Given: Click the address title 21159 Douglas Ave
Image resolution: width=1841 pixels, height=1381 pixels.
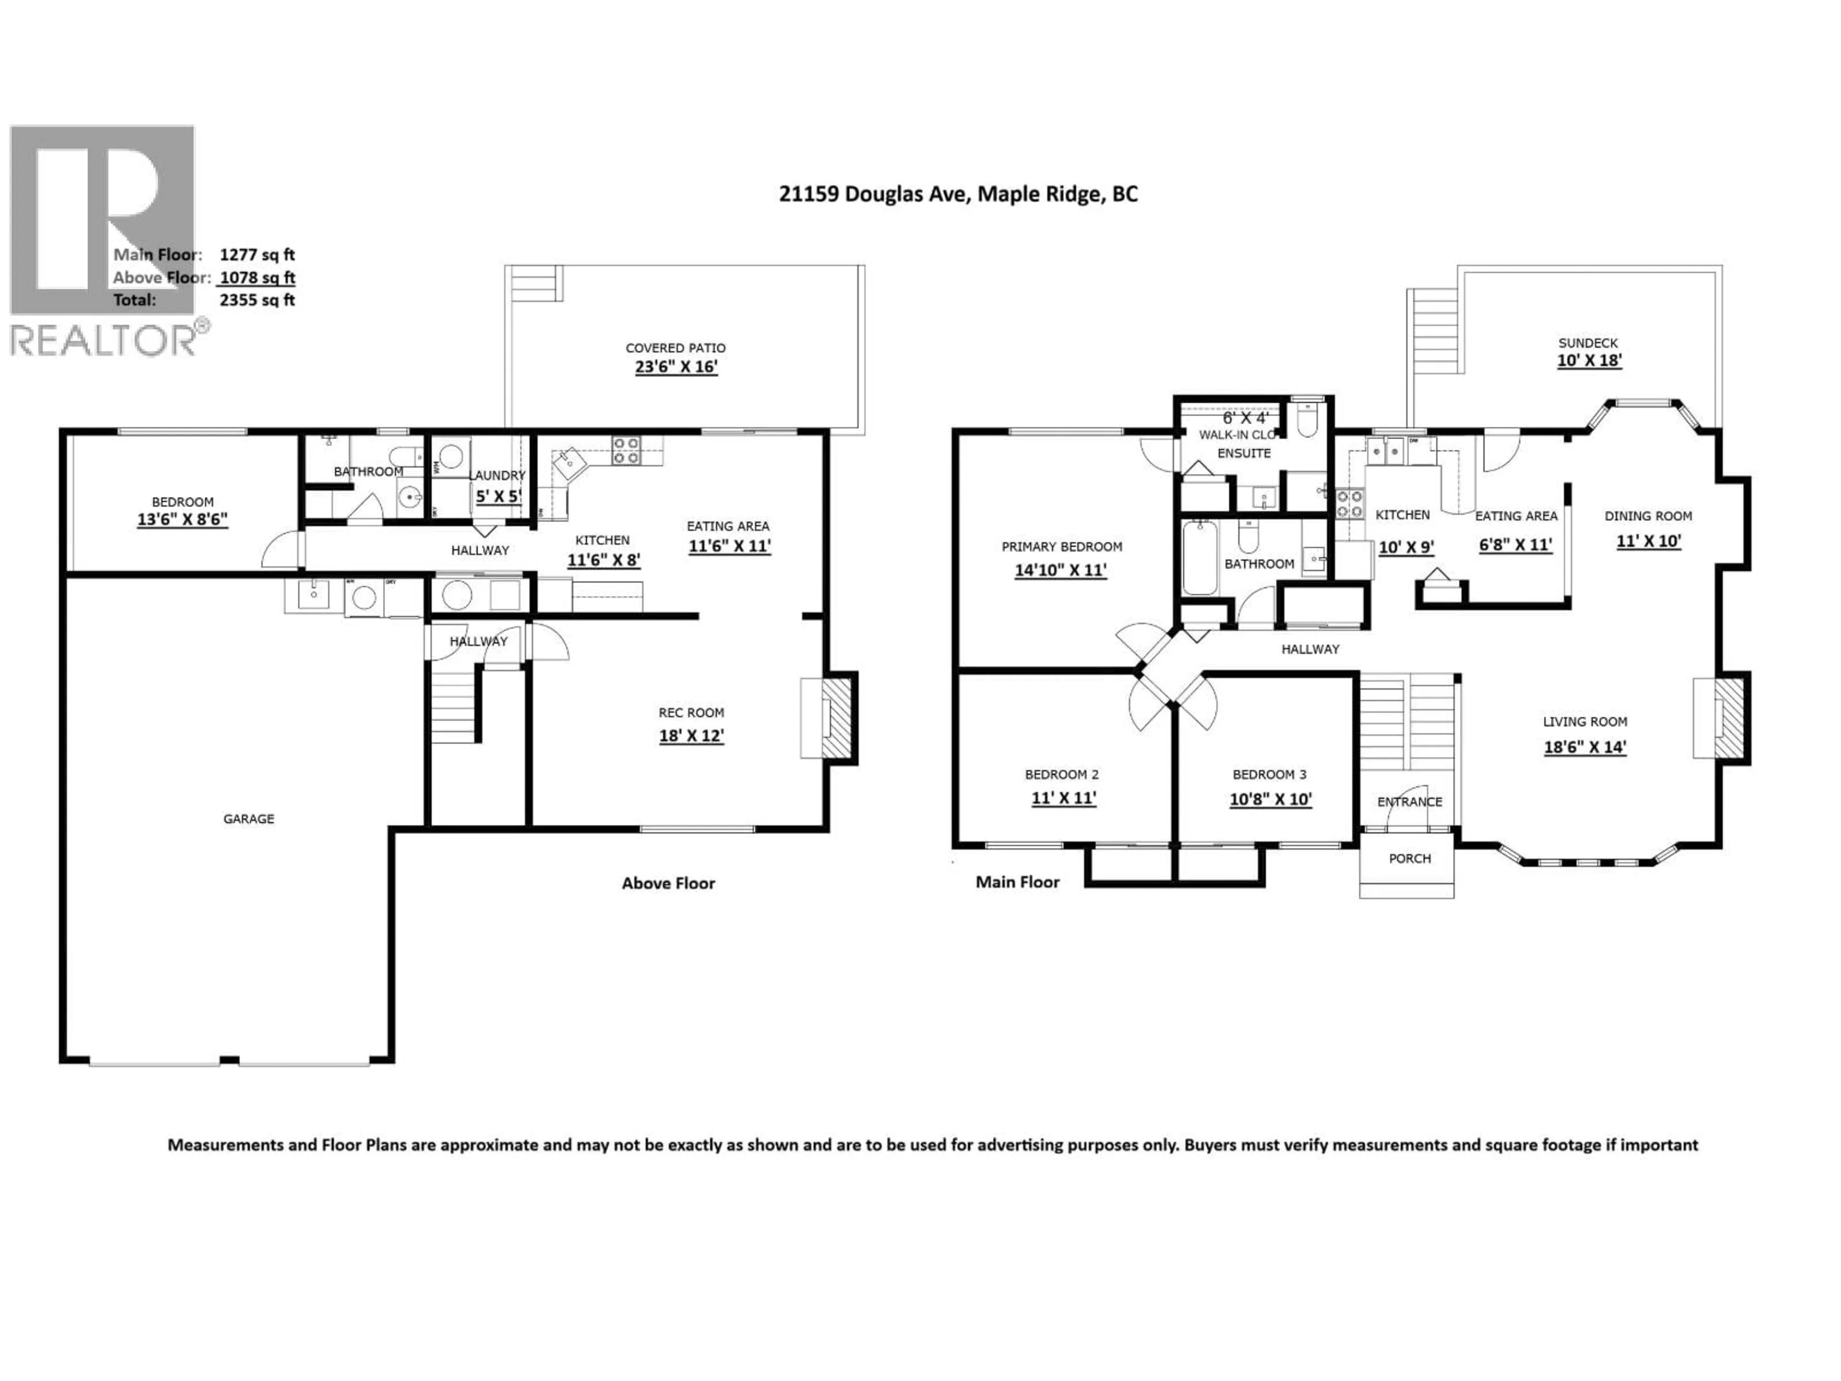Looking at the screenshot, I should tap(957, 194).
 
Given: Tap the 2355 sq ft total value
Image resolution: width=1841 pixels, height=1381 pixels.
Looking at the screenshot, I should tap(257, 300).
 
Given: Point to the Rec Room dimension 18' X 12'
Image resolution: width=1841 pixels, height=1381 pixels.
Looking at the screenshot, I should tap(691, 736).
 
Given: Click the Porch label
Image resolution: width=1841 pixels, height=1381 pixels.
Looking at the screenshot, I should tap(1409, 858).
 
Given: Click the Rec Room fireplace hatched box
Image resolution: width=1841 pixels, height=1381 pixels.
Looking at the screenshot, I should tap(837, 718).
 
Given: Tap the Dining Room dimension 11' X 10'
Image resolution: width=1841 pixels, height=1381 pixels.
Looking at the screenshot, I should tap(1648, 541).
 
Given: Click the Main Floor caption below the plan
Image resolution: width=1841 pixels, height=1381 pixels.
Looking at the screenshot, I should tap(1017, 882).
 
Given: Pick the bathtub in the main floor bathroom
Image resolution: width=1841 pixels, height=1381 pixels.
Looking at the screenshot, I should tap(1200, 558).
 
